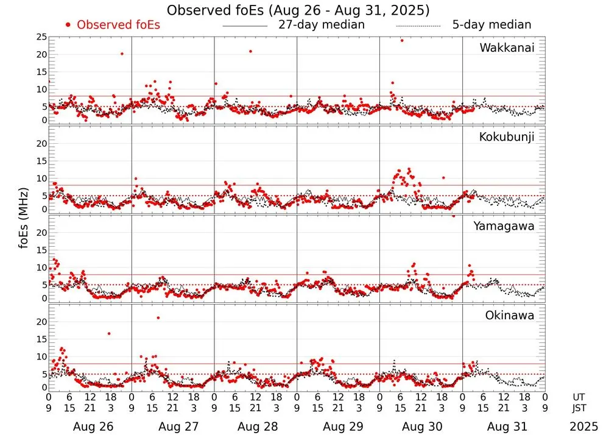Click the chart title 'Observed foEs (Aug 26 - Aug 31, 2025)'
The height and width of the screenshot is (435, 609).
click(x=298, y=10)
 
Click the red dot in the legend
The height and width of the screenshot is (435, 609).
click(x=68, y=25)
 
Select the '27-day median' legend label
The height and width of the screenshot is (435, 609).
click(x=322, y=25)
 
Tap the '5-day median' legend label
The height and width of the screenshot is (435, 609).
click(x=491, y=25)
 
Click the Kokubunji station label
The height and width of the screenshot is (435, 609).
click(x=507, y=137)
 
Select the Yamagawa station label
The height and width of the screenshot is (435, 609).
click(x=504, y=226)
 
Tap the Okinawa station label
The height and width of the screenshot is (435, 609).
click(x=510, y=316)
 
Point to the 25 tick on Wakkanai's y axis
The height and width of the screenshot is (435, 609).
click(x=41, y=37)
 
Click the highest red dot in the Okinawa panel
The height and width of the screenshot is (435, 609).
click(x=158, y=317)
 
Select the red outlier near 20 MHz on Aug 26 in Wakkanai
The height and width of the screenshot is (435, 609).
click(x=122, y=54)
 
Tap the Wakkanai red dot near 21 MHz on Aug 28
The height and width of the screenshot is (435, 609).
click(x=250, y=51)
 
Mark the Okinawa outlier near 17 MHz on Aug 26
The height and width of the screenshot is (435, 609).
click(x=109, y=333)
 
